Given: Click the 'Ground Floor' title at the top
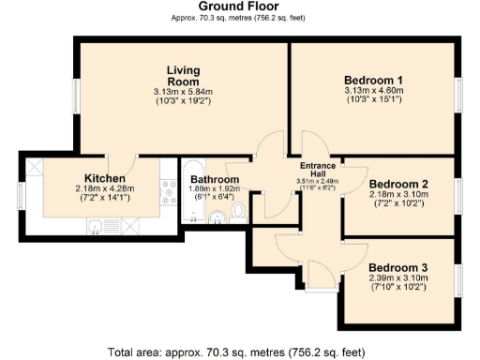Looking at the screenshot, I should pos(239,7).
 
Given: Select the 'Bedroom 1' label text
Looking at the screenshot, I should pos(373,79).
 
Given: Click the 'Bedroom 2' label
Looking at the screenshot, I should pos(398,184).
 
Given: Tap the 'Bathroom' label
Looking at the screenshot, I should pos(215,179).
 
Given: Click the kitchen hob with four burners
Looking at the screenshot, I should pos(168,196).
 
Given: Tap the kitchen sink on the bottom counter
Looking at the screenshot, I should pos(99,225).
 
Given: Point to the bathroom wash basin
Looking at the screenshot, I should pos(217,217).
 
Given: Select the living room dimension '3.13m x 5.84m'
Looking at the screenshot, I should pos(184,92).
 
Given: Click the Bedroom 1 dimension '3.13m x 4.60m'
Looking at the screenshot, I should pos(373,91).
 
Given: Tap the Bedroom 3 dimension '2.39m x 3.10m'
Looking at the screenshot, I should pos(398,278).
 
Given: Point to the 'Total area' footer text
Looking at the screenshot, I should pos(239,352).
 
